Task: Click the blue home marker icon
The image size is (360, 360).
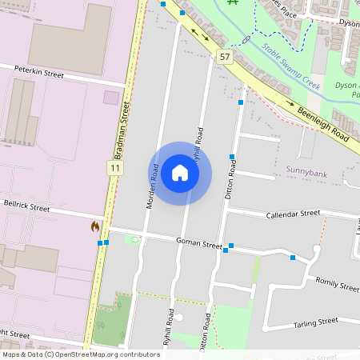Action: pos(180,173)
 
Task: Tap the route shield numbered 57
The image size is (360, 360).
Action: pos(224,57)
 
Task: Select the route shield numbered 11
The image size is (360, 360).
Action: pos(117,167)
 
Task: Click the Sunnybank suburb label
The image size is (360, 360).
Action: pos(307,170)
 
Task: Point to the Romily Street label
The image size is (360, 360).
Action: pos(338,284)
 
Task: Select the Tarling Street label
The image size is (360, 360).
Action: pos(316,322)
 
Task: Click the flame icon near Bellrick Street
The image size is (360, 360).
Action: pos(96,226)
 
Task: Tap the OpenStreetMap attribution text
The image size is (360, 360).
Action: pos(80,354)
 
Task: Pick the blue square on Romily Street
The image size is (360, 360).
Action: pos(293,257)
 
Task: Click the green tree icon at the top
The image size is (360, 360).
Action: pos(234,2)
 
